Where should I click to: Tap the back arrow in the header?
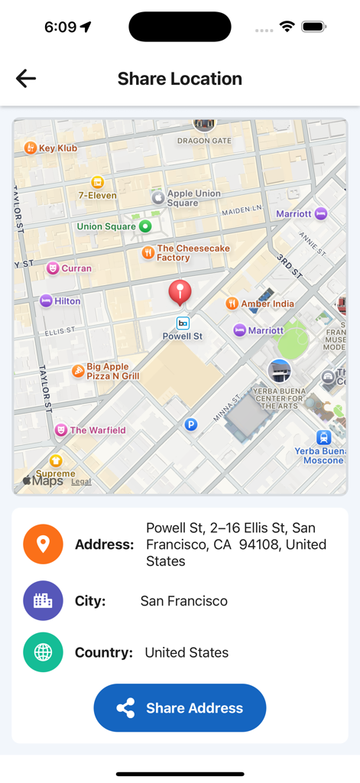[26, 78]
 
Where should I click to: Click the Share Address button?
[180, 708]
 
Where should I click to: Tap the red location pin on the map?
[180, 291]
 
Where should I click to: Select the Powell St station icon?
[183, 323]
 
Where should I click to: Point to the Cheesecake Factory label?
[193, 253]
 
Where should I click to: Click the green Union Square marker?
[145, 226]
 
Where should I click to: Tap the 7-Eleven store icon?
[97, 182]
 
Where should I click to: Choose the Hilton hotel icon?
[47, 301]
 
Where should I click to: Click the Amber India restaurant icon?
[232, 304]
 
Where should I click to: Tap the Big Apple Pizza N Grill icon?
[78, 371]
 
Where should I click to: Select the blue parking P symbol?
[191, 424]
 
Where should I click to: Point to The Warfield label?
[98, 430]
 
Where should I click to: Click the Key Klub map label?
[58, 148]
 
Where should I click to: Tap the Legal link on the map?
[81, 482]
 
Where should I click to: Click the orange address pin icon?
[43, 544]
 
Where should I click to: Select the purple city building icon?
[43, 601]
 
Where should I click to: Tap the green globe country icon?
[43, 652]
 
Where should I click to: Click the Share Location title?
[180, 79]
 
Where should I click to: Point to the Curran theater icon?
[53, 268]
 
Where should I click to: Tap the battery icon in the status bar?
[313, 27]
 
